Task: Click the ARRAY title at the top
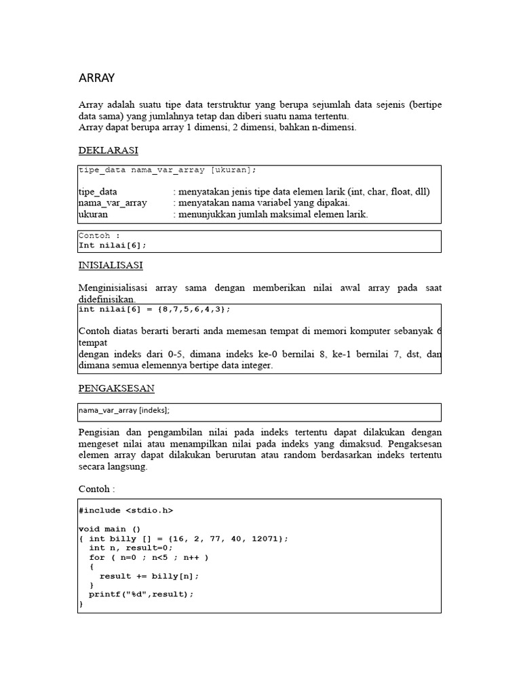97,79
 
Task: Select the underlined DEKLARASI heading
108,150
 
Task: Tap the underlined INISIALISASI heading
111,265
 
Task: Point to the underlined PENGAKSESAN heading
116,388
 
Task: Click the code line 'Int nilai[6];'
112,245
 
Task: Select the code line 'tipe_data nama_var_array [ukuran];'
168,170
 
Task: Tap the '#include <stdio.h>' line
130,510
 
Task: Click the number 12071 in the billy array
267,538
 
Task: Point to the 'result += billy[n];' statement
149,575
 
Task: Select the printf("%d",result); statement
141,594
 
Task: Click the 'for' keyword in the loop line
97,557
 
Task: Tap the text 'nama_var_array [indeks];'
124,411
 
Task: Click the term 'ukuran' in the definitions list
94,214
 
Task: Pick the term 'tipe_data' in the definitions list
98,192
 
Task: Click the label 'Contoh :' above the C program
97,488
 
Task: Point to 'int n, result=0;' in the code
131,548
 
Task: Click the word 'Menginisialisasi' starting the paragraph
113,288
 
